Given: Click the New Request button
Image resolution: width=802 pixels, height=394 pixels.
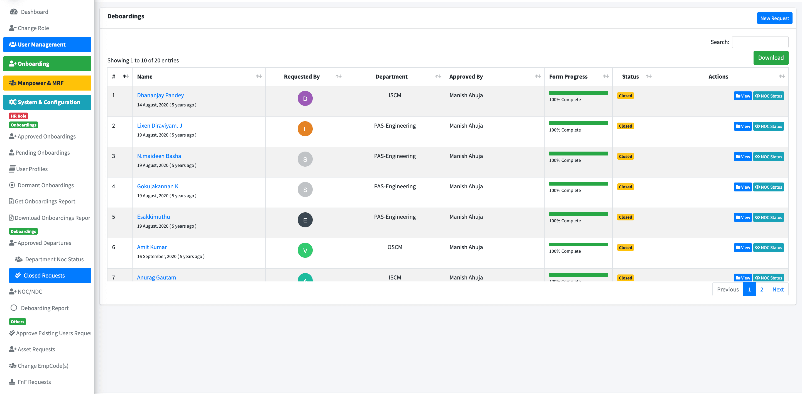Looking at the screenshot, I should pos(774,18).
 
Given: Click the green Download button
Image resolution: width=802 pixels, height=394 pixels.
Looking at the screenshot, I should pos(771,58).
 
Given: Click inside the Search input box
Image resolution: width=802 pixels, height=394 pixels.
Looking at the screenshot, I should pos(760,42).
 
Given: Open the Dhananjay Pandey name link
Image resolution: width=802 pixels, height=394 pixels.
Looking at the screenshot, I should pos(160,95).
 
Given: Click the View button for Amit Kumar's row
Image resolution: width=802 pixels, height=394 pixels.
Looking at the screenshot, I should pos(742,248).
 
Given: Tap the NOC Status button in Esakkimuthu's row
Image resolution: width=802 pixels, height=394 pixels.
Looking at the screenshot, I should pos(768,217).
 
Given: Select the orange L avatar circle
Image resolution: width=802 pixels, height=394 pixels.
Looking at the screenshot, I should pos(305,129).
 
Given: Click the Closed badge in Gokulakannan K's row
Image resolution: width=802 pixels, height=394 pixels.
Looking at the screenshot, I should pos(625,187).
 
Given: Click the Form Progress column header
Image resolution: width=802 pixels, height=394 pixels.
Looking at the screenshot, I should pos(568,77).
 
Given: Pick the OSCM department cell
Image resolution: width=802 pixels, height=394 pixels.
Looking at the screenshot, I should pos(395,247).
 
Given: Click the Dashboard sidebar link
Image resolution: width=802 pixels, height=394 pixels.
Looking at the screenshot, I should pos(34,12).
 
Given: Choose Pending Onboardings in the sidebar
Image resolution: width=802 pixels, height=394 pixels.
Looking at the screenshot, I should pos(42,153).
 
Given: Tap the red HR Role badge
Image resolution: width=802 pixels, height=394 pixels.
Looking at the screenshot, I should pos(18,116).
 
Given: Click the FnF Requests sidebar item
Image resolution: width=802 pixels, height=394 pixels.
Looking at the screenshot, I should pos(34,382).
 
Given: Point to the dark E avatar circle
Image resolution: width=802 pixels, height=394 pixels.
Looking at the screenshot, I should pos(305,220).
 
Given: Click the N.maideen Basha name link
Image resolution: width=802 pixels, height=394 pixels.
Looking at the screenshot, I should pos(159,156).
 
